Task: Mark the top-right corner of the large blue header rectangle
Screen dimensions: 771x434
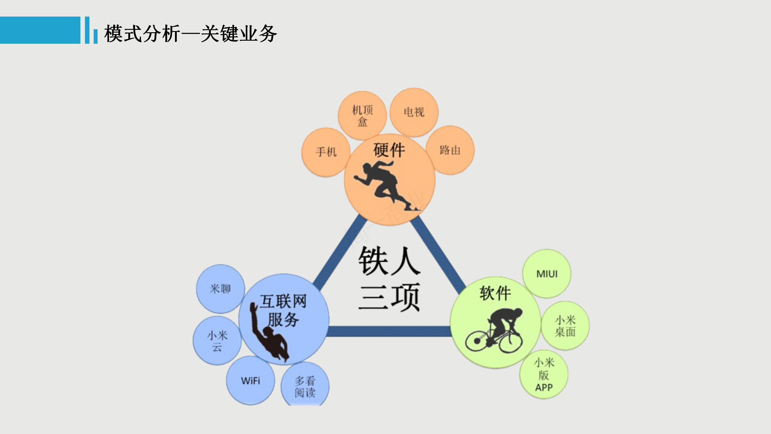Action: click(x=80, y=17)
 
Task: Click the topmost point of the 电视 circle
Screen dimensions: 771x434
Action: click(x=414, y=88)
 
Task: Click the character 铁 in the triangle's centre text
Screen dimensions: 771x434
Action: click(x=373, y=260)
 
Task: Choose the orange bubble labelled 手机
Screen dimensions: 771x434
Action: click(x=326, y=152)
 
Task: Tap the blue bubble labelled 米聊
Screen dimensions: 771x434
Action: click(x=220, y=289)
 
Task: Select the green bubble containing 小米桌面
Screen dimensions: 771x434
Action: click(x=565, y=326)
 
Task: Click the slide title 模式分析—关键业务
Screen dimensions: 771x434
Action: click(x=190, y=33)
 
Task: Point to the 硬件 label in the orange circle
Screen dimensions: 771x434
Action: click(x=389, y=150)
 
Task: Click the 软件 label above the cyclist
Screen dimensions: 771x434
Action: click(x=495, y=293)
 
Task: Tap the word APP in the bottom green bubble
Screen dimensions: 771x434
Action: click(x=544, y=388)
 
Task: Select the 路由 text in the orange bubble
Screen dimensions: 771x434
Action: click(x=450, y=150)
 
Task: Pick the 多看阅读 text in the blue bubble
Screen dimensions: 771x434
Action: click(x=305, y=387)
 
